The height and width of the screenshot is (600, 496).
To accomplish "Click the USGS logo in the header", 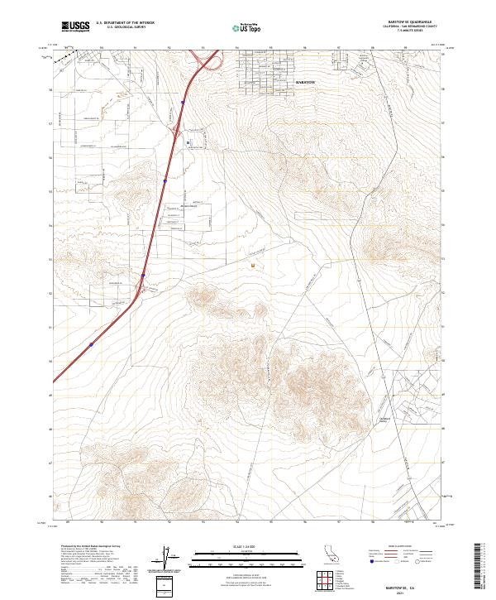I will (76, 26).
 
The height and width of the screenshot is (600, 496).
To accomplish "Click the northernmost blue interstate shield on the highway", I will (182, 103).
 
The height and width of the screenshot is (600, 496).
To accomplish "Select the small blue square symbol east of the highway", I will (188, 142).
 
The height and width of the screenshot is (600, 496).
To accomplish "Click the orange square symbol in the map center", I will (252, 266).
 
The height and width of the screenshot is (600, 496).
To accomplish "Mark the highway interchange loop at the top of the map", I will (209, 60).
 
